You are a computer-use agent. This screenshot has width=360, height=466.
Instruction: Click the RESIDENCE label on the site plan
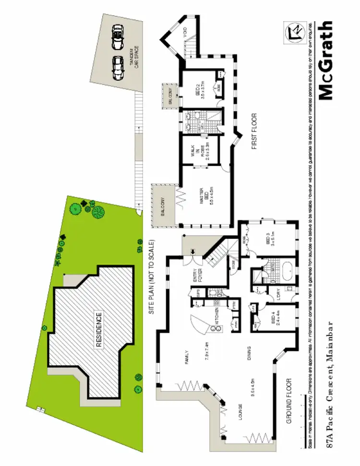[99, 331]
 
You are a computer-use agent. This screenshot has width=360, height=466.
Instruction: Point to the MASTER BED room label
[204, 197]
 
